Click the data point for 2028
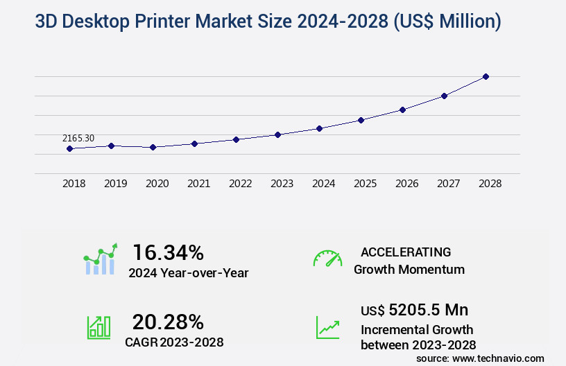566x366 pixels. pos(486,76)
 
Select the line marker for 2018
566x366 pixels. pos(69,148)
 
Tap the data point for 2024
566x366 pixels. pos(319,128)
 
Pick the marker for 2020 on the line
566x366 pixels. pos(153,147)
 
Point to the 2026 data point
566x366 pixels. pos(402,110)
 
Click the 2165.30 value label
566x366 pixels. pos(78,139)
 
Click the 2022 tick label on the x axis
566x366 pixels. pos(240,184)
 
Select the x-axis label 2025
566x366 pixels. pos(365,184)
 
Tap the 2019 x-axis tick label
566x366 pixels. pos(115,184)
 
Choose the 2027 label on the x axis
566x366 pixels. pos(448,184)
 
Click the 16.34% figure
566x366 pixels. pos(169,252)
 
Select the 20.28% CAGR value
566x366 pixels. pos(169,322)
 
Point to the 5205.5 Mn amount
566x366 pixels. pos(428,310)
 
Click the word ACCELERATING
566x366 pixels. pos(406,252)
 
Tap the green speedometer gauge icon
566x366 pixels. pos(327,259)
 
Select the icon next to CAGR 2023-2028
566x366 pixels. pos(99,327)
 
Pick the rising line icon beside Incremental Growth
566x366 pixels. pos(327,327)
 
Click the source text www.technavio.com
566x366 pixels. pos(499,358)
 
